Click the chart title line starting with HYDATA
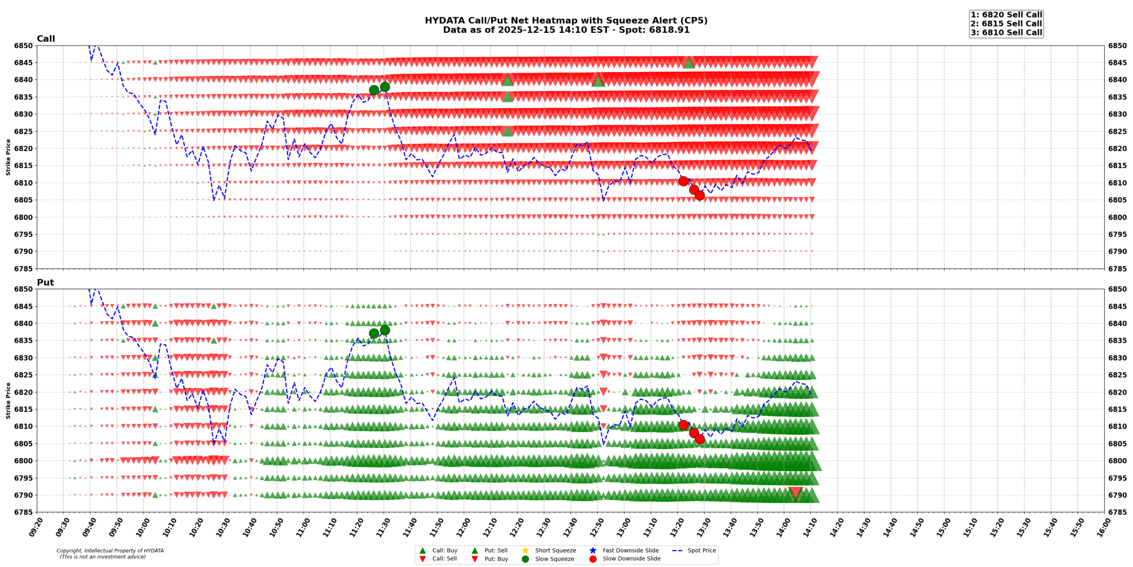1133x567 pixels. pyautogui.click(x=566, y=20)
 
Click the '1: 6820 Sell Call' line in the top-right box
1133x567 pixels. pyautogui.click(x=1006, y=15)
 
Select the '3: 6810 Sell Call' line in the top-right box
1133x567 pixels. pyautogui.click(x=1006, y=32)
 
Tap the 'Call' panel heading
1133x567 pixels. pyautogui.click(x=46, y=39)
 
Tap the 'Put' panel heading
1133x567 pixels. pyautogui.click(x=45, y=282)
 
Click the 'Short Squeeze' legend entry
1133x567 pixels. pyautogui.click(x=555, y=550)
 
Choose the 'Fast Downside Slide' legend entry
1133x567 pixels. pyautogui.click(x=630, y=550)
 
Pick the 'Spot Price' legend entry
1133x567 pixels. pyautogui.click(x=701, y=550)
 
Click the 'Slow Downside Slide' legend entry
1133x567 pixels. pyautogui.click(x=631, y=559)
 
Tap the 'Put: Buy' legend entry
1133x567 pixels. pyautogui.click(x=496, y=559)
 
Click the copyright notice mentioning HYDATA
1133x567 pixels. pyautogui.click(x=110, y=551)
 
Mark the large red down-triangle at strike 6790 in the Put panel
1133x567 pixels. pyautogui.click(x=795, y=492)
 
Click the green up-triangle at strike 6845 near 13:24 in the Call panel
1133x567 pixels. pyautogui.click(x=688, y=63)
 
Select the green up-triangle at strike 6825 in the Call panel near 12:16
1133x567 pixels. pyautogui.click(x=508, y=131)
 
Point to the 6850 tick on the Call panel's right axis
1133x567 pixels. pyautogui.click(x=1117, y=46)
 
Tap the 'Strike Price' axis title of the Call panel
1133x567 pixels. pyautogui.click(x=8, y=157)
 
